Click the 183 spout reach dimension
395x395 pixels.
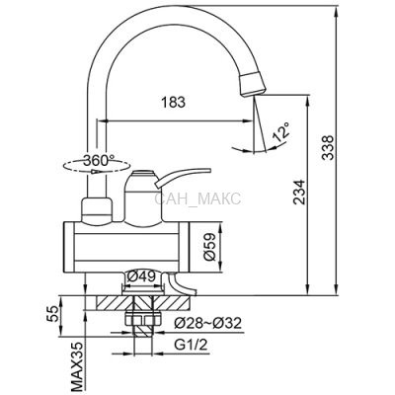click(173, 103)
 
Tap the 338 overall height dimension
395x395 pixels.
click(328, 147)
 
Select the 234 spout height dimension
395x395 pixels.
click(299, 193)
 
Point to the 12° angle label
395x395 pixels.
click(281, 132)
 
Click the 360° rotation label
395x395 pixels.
click(99, 160)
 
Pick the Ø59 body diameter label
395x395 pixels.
click(209, 247)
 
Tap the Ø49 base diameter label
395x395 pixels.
click(141, 276)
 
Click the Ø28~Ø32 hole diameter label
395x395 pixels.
click(207, 323)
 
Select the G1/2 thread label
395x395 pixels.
click(191, 345)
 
